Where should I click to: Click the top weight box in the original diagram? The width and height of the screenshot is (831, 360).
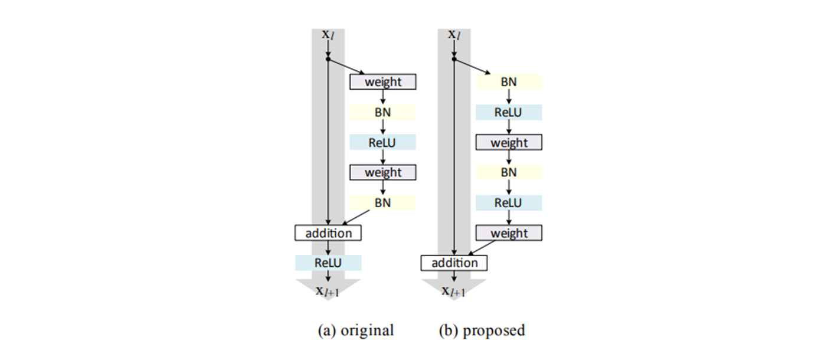point(383,82)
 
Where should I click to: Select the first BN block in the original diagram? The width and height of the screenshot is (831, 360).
point(383,112)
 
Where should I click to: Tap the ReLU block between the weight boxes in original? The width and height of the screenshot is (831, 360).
point(383,142)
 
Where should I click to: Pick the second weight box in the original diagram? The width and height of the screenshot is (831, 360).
point(383,172)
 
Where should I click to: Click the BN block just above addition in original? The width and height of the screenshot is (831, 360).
point(383,203)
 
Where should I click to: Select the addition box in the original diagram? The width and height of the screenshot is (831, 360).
point(328,233)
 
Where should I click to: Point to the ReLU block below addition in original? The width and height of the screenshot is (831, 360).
point(328,263)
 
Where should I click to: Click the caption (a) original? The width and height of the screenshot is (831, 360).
point(355,330)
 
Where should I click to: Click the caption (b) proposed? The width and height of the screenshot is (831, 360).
point(482,330)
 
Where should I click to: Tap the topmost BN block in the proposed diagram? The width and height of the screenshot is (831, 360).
point(509,82)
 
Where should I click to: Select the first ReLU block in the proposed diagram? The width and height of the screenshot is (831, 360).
point(509,112)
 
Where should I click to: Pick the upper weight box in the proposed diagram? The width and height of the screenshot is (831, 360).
point(509,143)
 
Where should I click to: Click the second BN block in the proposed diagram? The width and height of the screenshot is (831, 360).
point(509,172)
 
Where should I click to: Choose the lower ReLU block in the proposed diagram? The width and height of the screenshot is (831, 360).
point(509,203)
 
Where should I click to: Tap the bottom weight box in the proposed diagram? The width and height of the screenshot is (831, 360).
point(509,233)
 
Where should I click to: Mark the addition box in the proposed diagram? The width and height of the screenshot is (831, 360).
point(454,263)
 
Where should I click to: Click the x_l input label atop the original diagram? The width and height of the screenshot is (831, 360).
point(328,34)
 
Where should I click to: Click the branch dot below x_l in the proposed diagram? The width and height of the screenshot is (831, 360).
point(454,58)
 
